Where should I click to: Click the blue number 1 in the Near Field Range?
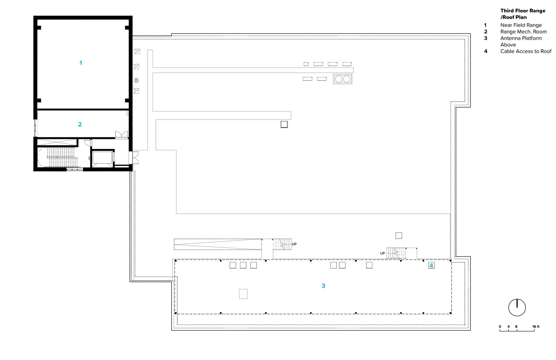[81, 63]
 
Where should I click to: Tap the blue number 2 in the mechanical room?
[80, 124]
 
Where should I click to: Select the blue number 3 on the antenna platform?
[323, 286]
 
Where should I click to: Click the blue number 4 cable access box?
[431, 265]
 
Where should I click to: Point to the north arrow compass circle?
[517, 308]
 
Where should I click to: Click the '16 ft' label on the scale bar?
[536, 326]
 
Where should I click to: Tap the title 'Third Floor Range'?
[523, 11]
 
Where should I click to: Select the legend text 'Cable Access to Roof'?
[526, 51]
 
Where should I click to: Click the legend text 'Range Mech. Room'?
[524, 32]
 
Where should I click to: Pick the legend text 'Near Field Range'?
[521, 25]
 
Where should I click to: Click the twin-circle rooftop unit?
[343, 79]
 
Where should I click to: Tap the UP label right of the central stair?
[294, 244]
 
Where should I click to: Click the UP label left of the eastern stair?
[383, 253]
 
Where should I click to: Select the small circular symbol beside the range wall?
[136, 80]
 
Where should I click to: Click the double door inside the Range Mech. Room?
[122, 135]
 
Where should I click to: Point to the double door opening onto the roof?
[136, 158]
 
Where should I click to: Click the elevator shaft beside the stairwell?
[102, 158]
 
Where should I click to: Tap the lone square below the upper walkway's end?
[284, 124]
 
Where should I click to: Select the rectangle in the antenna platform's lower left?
[243, 294]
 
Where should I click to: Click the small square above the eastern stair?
[399, 236]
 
